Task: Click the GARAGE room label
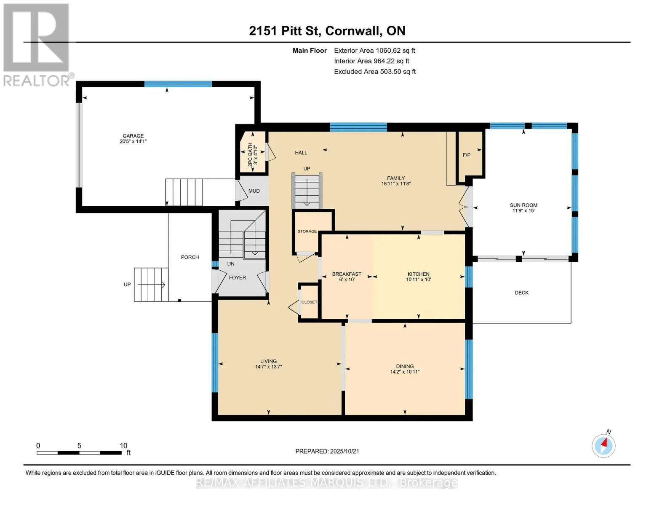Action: (133, 136)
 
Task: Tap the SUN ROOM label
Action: (523, 205)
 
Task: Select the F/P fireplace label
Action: (467, 155)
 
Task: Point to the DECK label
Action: (522, 293)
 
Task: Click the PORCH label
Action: (190, 257)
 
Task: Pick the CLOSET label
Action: (309, 302)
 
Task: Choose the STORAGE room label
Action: (307, 231)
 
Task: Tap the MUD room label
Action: (254, 191)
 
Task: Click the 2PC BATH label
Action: (250, 155)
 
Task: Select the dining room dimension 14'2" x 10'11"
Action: (405, 372)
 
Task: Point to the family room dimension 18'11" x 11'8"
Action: (396, 183)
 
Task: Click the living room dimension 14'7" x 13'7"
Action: (268, 367)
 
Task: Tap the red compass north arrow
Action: (603, 443)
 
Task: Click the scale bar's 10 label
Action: (123, 446)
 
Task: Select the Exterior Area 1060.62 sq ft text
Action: (374, 51)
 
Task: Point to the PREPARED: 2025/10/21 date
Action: (327, 451)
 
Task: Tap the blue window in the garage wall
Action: (178, 84)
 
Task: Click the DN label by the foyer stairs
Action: (231, 264)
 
